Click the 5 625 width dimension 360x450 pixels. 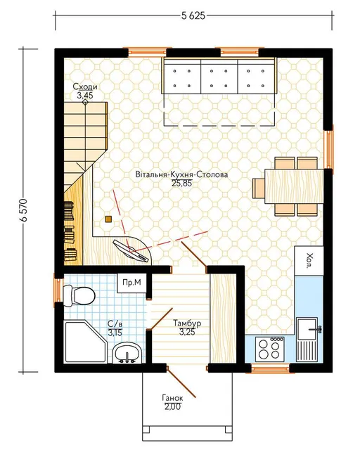coord(193,15)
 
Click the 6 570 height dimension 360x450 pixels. coord(24,210)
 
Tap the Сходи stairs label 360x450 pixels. coord(85,86)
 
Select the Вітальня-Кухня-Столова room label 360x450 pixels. coord(182,174)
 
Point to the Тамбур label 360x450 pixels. coord(187,323)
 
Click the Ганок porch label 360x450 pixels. coord(172,398)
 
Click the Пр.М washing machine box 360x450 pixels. coord(131,283)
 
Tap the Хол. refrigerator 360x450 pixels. coord(309,261)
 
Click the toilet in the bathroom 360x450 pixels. coord(79,295)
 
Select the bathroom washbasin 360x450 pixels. coord(127,353)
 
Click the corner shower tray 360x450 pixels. coord(86,342)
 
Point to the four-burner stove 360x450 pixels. coord(269,349)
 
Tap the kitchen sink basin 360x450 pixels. coord(308,329)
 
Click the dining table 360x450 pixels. coord(295,186)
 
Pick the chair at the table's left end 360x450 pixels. coord(259,188)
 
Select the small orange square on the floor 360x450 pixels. coord(108,219)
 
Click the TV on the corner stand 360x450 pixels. coord(131,251)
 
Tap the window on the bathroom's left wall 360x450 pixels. coord(58,290)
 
